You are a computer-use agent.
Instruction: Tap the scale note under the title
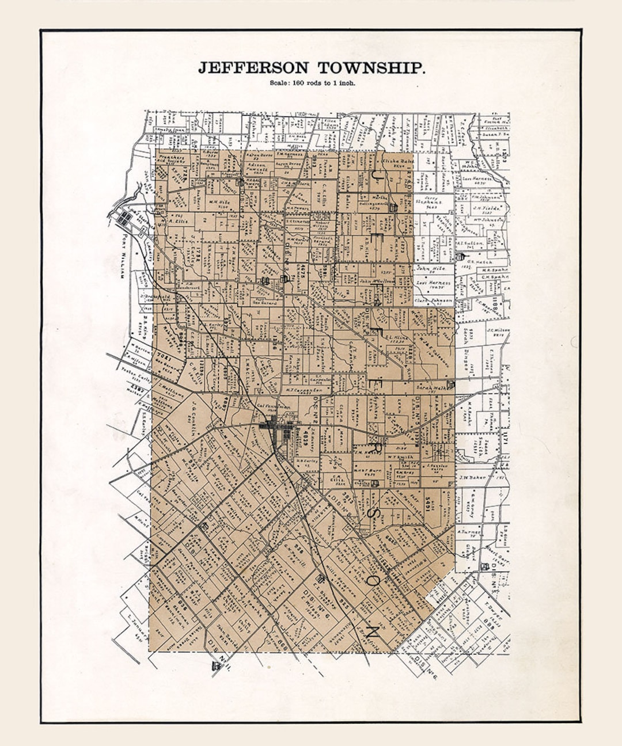pos(312,83)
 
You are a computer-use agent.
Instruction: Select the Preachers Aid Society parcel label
pos(171,159)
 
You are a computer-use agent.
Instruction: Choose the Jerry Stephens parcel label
pos(430,201)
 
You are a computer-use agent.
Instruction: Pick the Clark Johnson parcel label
pos(433,300)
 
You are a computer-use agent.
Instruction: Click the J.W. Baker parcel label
pos(471,477)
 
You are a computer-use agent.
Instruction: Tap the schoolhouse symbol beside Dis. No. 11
pos(216,666)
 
